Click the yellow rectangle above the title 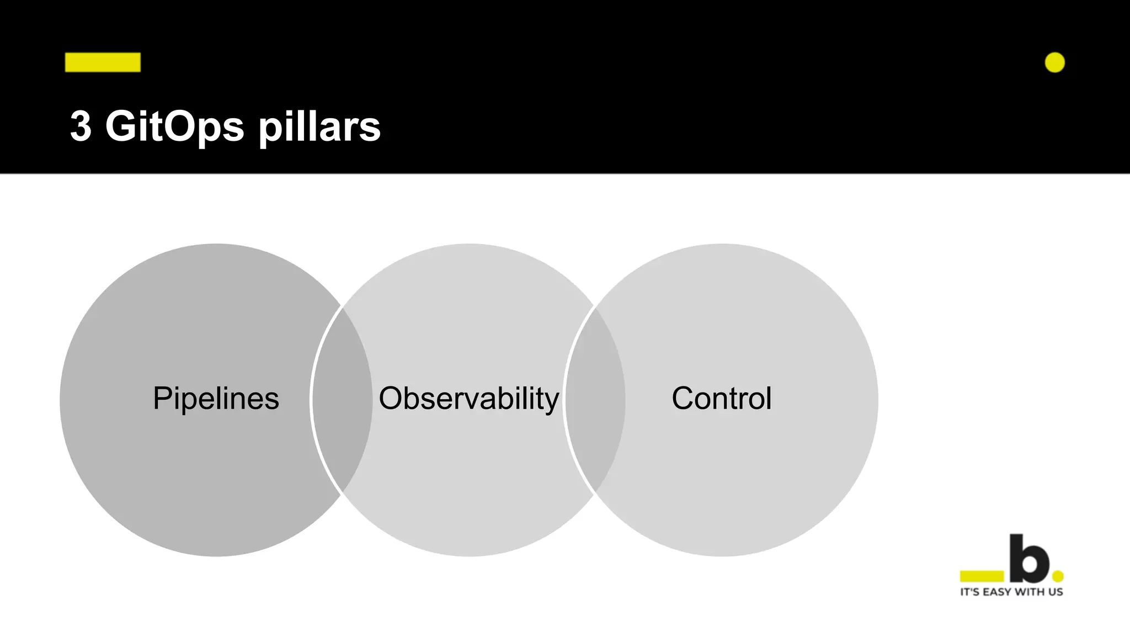[103, 62]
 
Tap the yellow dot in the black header [1054, 62]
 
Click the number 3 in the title [81, 126]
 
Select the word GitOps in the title [174, 126]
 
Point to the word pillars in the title [319, 126]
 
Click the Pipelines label [216, 398]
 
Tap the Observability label [468, 398]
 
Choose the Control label [721, 398]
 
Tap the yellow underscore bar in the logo [982, 576]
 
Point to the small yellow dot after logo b [1058, 576]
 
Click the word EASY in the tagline [999, 592]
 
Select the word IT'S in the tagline [971, 592]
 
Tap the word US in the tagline [1056, 592]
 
